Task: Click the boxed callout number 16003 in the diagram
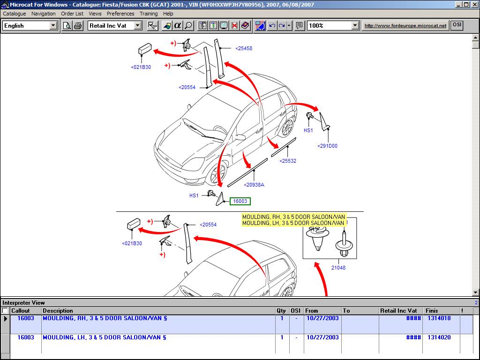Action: point(240,202)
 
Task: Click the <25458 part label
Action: point(244,48)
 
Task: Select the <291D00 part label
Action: point(327,146)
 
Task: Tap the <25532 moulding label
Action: point(288,161)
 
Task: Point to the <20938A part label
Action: point(254,185)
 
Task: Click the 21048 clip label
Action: point(338,268)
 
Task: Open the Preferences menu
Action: point(120,14)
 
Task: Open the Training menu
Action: point(149,14)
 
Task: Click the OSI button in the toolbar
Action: point(457,25)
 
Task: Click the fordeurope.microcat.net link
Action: point(405,26)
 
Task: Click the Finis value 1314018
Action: point(439,318)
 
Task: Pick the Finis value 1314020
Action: point(439,337)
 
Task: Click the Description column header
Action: point(58,311)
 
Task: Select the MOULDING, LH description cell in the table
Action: point(104,337)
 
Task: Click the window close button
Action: point(474,5)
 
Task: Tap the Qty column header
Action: point(281,311)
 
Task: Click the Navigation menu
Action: point(44,14)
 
